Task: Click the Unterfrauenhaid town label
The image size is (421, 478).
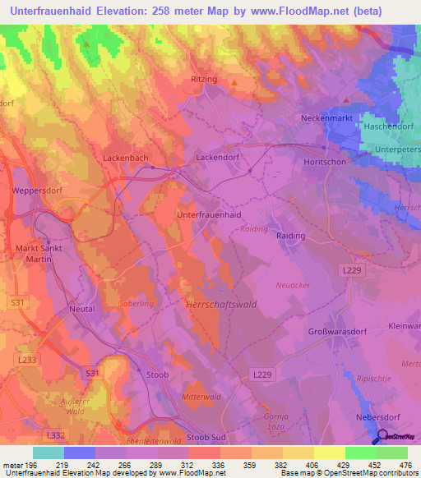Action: tap(209, 214)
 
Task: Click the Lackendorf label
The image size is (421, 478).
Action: tap(217, 155)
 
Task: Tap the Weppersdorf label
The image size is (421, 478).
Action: tap(35, 191)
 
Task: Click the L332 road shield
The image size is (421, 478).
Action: tap(56, 434)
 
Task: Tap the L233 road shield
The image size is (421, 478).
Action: tap(26, 360)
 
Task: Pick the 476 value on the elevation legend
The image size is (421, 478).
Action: tap(405, 465)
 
